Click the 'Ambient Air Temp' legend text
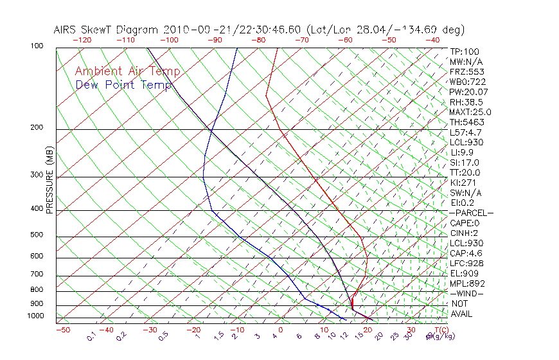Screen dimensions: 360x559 coord(127,72)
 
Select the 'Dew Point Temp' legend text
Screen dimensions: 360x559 coord(123,85)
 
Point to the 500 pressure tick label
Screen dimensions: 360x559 coord(37,235)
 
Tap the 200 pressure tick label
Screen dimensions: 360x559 coord(37,127)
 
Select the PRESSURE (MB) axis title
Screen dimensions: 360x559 coord(49,181)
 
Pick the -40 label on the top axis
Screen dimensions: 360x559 coord(432,40)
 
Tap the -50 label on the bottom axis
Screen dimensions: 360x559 coord(62,330)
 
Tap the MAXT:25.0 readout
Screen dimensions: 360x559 coord(470,112)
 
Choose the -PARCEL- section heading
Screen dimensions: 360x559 coord(471,213)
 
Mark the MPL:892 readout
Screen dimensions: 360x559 coord(466,283)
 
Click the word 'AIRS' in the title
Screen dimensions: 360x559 coord(66,30)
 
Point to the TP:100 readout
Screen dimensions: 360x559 coord(465,51)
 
